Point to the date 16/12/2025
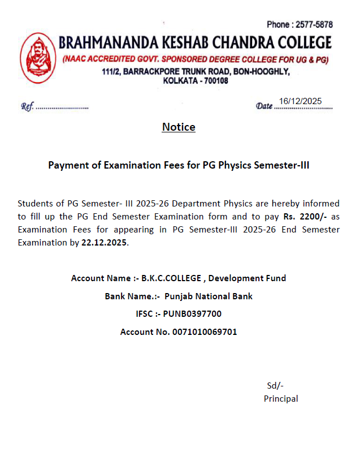tap(300, 101)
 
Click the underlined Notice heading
tap(179, 127)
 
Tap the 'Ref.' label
tap(27, 106)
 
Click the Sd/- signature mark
tap(275, 386)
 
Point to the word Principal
tap(281, 398)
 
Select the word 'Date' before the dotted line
tap(264, 106)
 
